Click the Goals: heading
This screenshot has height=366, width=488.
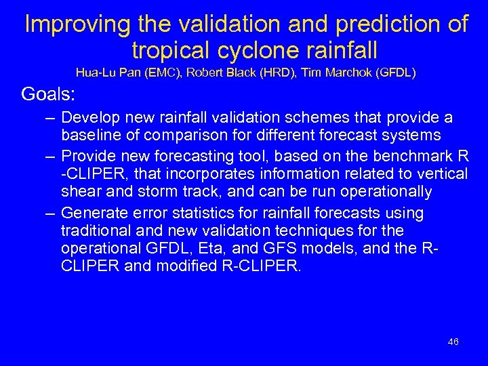coord(48,93)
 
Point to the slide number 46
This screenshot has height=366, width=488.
coord(453,342)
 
